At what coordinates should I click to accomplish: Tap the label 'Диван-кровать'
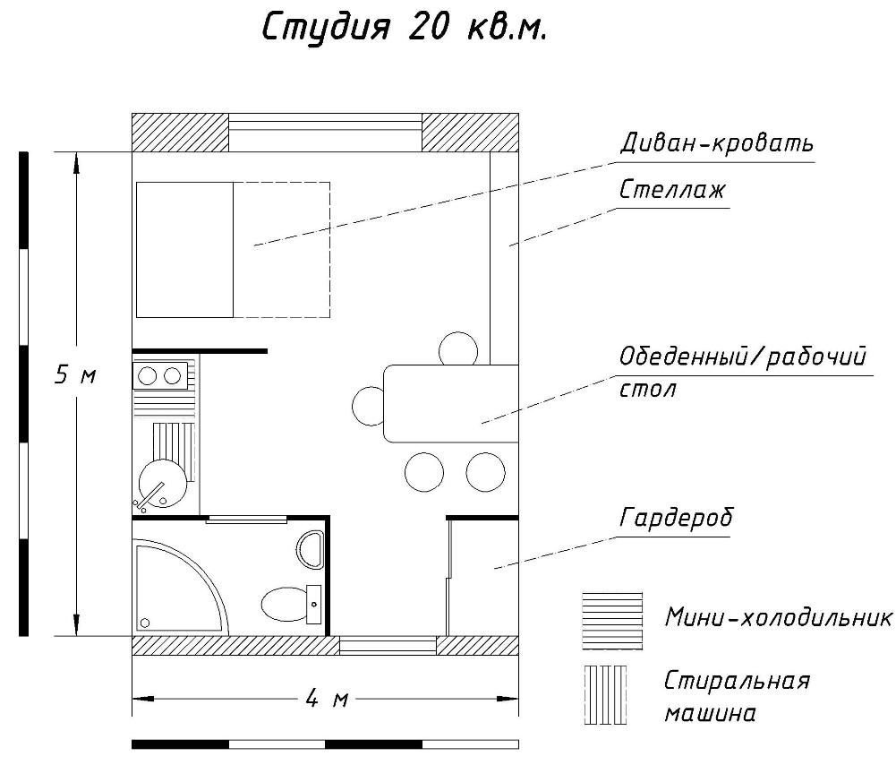click(717, 142)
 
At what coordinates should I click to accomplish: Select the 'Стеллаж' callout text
click(672, 189)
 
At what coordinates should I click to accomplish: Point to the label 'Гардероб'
click(676, 518)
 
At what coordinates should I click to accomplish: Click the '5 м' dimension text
click(75, 375)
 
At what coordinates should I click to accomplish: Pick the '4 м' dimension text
click(327, 698)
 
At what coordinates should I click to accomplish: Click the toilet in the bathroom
click(292, 603)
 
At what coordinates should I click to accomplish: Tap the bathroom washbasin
click(311, 549)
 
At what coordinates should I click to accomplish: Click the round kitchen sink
click(163, 483)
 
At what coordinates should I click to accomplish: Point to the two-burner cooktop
click(160, 375)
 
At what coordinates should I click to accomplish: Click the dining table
click(451, 404)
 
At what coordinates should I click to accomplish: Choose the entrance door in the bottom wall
click(388, 646)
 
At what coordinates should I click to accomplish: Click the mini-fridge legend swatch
click(612, 621)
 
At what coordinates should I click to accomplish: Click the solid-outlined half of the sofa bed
click(184, 250)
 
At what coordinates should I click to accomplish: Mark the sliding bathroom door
click(246, 520)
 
